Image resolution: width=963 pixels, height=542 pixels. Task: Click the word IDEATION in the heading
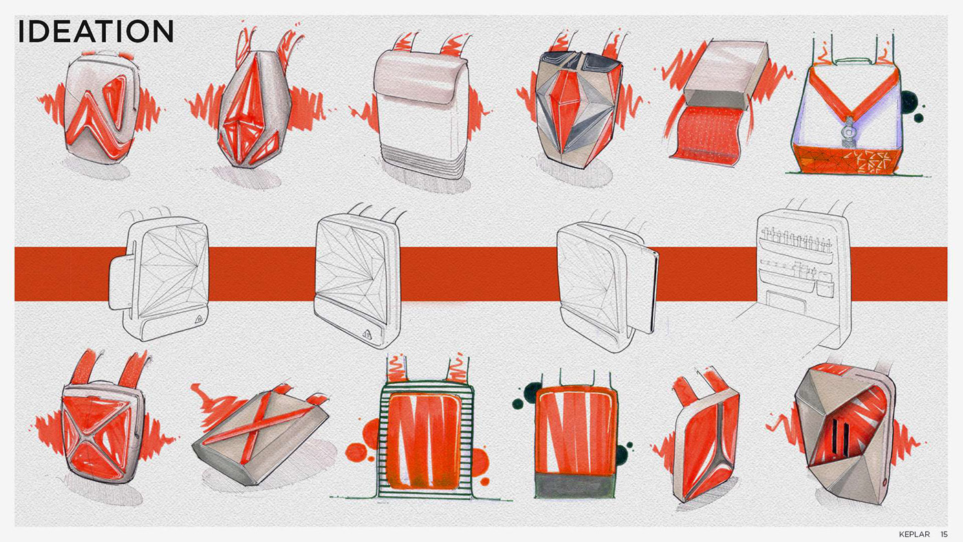[x=96, y=32]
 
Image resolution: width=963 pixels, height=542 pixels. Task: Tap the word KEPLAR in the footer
[x=914, y=534]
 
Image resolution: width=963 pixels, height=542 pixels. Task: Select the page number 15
[x=944, y=534]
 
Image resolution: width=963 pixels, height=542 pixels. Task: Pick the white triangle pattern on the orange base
[x=871, y=160]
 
